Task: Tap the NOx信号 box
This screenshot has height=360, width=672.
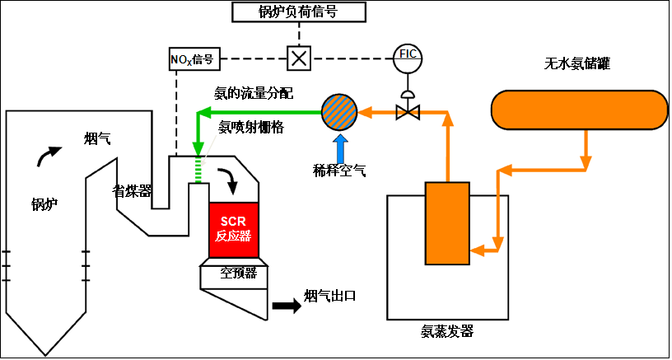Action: (x=191, y=58)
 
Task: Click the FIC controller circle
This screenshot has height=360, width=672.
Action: (x=407, y=54)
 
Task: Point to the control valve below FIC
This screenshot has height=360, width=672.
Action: (x=406, y=110)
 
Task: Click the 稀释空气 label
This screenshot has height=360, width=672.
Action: (x=339, y=170)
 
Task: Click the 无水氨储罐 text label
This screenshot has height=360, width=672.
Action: (x=577, y=63)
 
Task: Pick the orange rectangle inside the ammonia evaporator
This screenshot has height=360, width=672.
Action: (x=446, y=222)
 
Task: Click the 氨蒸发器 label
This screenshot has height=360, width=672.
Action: (x=447, y=332)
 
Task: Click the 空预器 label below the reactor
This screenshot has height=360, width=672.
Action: (x=238, y=273)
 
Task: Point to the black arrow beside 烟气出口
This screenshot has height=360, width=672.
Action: (x=287, y=305)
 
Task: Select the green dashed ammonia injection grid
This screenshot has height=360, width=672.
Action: (x=198, y=168)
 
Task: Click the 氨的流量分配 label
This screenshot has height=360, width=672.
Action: (x=254, y=93)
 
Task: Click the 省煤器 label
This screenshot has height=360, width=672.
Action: (x=132, y=190)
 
